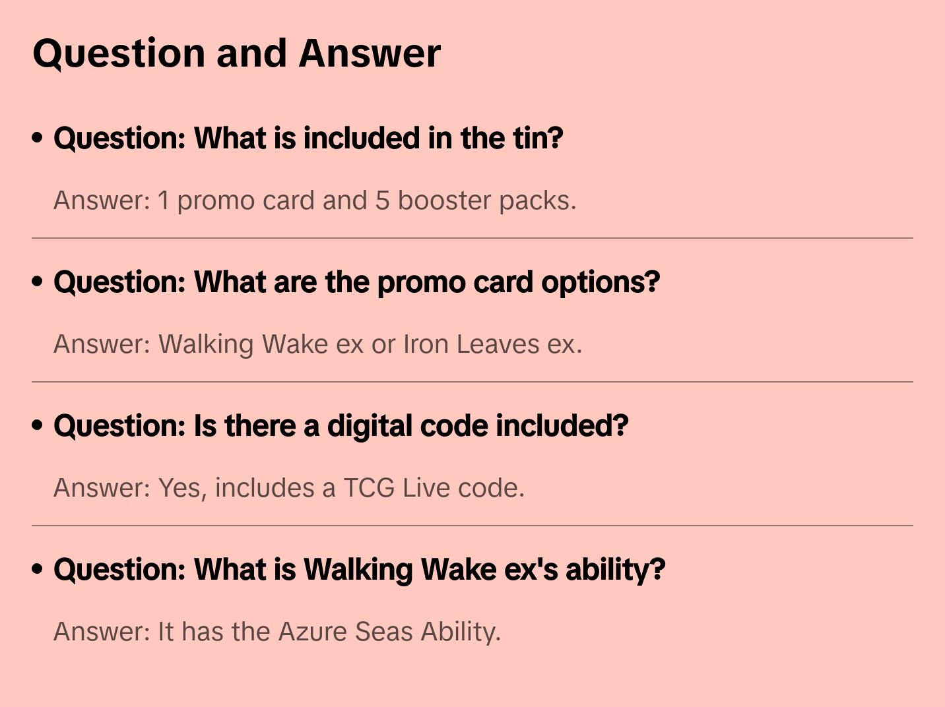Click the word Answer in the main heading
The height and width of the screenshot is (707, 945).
click(x=370, y=54)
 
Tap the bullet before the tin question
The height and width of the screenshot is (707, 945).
click(x=38, y=138)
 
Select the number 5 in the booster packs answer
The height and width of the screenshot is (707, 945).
click(x=382, y=201)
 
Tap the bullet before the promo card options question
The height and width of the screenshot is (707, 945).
click(x=38, y=282)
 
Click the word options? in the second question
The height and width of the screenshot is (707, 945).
click(x=601, y=283)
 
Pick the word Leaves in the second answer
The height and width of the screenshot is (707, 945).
click(x=498, y=344)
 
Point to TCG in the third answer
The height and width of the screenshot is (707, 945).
click(x=369, y=488)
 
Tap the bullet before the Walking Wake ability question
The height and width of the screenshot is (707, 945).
click(x=38, y=569)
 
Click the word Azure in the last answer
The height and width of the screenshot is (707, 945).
click(x=313, y=632)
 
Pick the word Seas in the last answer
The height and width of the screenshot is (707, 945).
click(x=384, y=632)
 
